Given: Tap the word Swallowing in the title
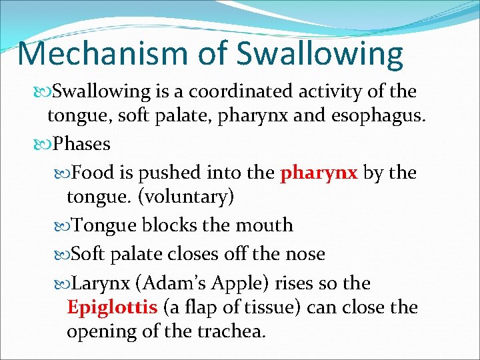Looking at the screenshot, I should (x=319, y=55).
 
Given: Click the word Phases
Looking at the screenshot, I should (x=81, y=143).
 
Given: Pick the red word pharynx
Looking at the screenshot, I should (x=319, y=173).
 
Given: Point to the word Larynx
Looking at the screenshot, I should (x=100, y=283).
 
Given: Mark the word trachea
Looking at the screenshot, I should (x=228, y=331).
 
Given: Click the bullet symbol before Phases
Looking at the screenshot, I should (x=46, y=144).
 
